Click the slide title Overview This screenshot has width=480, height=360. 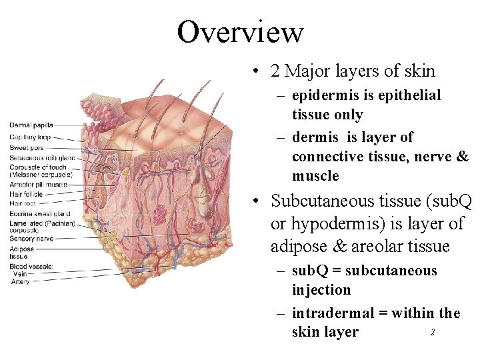click(240, 31)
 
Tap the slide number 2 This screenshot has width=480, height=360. click(432, 332)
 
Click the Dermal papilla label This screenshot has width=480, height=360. click(31, 125)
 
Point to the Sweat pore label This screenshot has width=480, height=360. click(27, 147)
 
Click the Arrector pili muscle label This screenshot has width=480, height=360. click(38, 184)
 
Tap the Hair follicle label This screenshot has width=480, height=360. click(26, 194)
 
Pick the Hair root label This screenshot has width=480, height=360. click(23, 203)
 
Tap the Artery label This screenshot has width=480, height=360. click(21, 282)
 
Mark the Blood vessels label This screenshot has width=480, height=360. click(31, 266)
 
